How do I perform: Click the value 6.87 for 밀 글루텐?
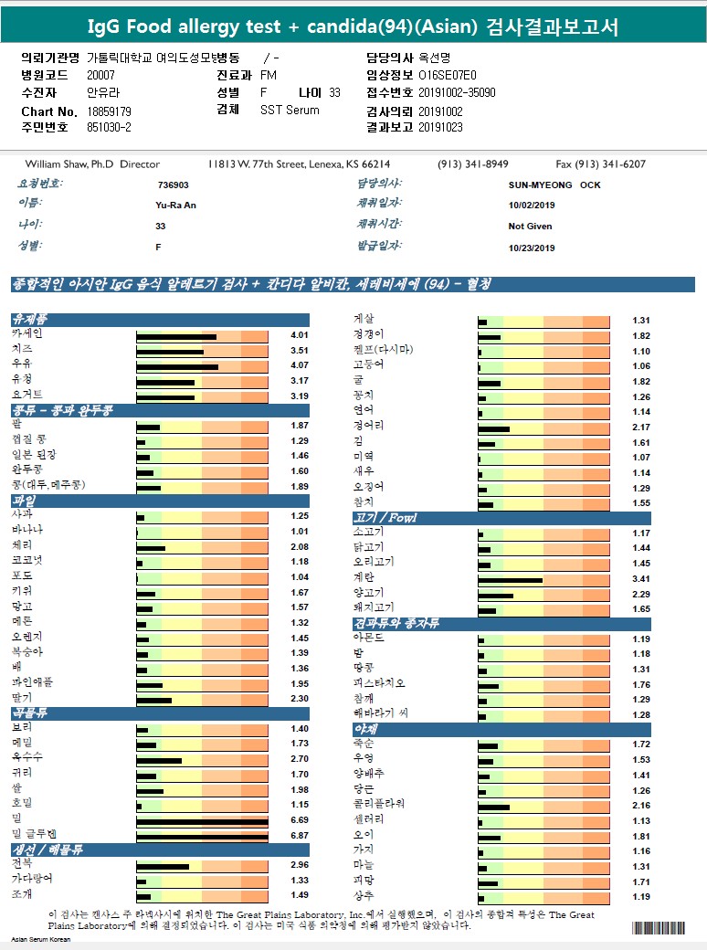[x=300, y=836]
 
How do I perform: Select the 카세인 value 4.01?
[x=300, y=335]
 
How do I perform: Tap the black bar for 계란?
[x=510, y=580]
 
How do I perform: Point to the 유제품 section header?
[x=30, y=320]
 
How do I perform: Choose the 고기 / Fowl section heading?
[x=385, y=519]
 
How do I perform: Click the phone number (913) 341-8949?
[x=473, y=164]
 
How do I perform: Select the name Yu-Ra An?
[x=176, y=205]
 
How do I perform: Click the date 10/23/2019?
[x=532, y=248]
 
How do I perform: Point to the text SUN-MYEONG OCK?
[x=554, y=185]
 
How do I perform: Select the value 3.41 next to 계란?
[x=641, y=579]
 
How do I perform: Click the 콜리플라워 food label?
[x=379, y=805]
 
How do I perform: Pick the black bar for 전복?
[x=163, y=865]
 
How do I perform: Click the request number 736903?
[x=173, y=185]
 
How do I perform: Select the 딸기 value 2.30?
[x=300, y=700]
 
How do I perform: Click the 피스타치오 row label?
[x=379, y=684]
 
